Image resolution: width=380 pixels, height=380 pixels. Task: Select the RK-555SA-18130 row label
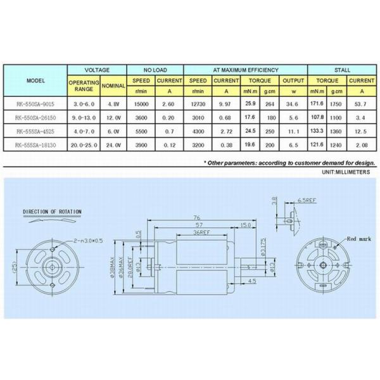coord(35,146)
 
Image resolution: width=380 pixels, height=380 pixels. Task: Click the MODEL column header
coord(35,81)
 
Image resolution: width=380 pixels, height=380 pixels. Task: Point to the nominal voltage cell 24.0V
coord(113,146)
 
